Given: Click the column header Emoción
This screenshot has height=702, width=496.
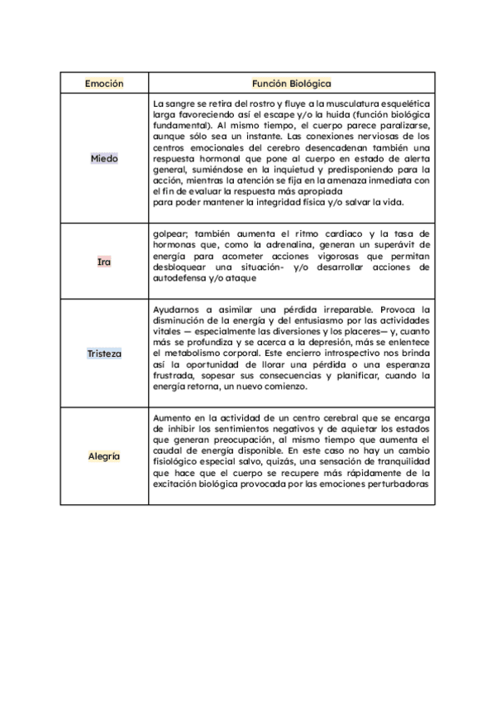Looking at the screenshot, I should [x=104, y=84].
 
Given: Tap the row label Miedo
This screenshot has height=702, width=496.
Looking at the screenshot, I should [x=104, y=158].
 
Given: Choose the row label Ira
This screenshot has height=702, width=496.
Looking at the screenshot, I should [x=104, y=262].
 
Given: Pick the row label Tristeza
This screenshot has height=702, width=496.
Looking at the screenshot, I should [x=104, y=353].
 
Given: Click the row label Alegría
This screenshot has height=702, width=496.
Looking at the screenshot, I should [x=104, y=456].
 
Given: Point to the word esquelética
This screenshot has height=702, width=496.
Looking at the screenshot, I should [x=399, y=103].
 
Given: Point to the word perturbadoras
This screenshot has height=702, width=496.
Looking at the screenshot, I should [x=394, y=485].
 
